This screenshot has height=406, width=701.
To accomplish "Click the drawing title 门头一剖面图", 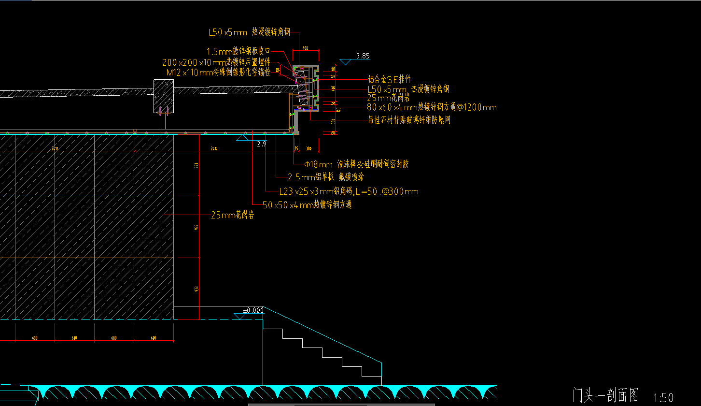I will [x=605, y=395].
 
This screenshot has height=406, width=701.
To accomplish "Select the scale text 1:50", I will [x=663, y=397].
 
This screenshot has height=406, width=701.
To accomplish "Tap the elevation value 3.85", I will [x=363, y=56].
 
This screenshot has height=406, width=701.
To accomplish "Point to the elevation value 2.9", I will [x=262, y=144].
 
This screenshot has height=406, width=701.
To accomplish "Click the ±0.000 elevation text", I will [x=253, y=310].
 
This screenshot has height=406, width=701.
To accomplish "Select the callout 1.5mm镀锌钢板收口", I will [x=238, y=51].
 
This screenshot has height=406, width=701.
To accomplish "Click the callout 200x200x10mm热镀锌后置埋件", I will [x=216, y=62].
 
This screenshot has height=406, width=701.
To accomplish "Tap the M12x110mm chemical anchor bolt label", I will [x=218, y=72].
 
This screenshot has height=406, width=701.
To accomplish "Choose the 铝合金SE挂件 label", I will [x=390, y=80].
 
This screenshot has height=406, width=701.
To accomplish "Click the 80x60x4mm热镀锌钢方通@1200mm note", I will [x=432, y=107].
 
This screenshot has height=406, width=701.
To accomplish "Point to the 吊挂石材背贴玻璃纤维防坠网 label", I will [x=409, y=120].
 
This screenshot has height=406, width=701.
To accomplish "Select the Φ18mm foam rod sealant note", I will [x=356, y=164].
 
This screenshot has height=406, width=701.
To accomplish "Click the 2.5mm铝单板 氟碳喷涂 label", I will [x=325, y=177].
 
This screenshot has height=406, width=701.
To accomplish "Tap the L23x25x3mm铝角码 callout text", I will [x=349, y=192].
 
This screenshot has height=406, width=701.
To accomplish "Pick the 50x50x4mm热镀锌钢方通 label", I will [x=307, y=204].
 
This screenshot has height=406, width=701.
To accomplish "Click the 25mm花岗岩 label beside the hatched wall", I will [x=233, y=216].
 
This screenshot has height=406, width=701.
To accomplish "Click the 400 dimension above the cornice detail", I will [x=305, y=48].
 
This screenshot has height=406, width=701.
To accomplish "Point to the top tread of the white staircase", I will [x=272, y=330].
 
